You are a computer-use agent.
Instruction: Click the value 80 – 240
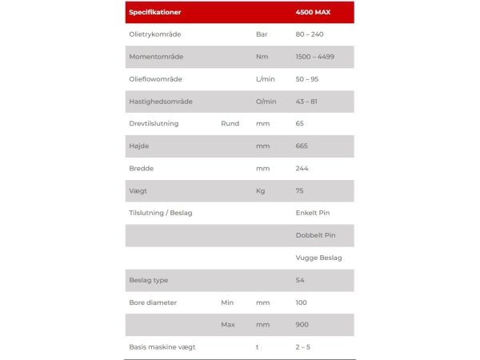coord(310,34)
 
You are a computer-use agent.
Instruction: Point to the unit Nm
coord(261,57)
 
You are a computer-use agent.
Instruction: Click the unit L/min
coord(265,79)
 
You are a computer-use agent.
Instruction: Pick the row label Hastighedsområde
coord(161,102)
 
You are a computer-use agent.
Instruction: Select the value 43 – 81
coord(306,102)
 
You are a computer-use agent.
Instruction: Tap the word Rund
coord(230,124)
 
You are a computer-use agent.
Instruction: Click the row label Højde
coord(138,146)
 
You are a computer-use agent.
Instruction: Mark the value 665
coord(302,146)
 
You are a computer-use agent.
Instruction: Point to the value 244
coord(302,169)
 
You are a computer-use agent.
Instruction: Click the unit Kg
coord(260,191)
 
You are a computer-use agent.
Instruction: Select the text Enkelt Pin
coord(313,213)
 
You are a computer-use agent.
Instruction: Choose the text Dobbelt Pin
coord(314,235)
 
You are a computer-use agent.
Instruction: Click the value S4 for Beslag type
coord(300,280)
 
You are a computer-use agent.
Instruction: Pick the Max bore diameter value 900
coord(302,325)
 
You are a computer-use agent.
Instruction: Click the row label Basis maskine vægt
coord(162,347)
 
